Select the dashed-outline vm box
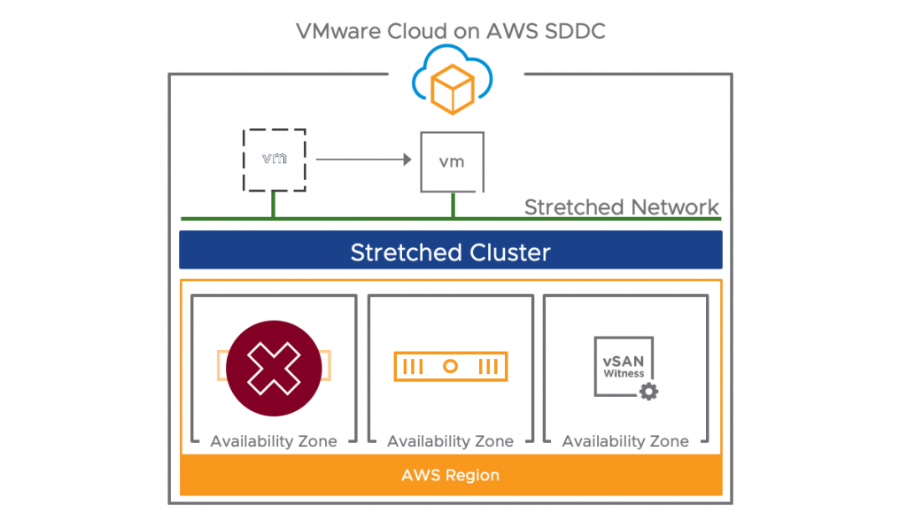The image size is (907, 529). pos(274,159)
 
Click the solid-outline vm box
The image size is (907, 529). pos(452,161)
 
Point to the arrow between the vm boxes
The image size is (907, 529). pos(363,160)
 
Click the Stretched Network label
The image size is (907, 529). pos(621,207)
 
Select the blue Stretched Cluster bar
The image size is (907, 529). pos(450,251)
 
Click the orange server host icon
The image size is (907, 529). pos(451,366)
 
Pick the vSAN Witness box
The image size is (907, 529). pos(624,366)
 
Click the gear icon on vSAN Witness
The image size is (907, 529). pos(649,392)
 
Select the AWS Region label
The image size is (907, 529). pos(450,476)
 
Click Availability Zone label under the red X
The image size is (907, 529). pos(274,441)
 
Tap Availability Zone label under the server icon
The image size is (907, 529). pos(450,441)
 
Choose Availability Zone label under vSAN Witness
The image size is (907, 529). pos(625,441)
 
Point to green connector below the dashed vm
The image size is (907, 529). pos(273,206)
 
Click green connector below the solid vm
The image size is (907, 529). pos(453,206)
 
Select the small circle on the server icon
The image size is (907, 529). pos(451,366)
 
